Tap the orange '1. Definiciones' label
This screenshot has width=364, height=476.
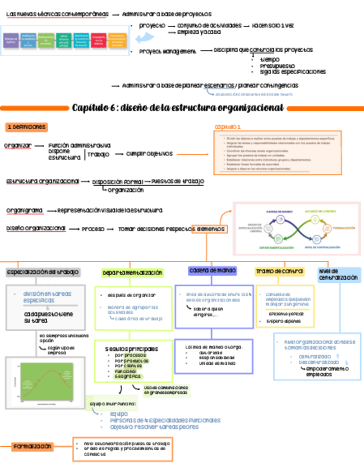tap(26, 127)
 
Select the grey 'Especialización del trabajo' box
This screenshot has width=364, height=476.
tap(43, 272)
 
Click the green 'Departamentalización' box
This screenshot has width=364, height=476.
tap(132, 273)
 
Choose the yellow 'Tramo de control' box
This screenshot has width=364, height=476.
tap(279, 272)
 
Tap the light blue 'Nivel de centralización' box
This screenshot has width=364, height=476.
tap(339, 274)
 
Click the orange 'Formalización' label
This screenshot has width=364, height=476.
tap(33, 447)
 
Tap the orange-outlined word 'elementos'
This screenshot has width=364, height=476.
tap(209, 229)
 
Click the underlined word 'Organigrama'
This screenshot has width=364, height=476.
tap(25, 210)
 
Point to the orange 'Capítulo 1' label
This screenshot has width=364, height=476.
tap(227, 127)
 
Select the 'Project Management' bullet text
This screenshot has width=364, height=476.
tap(168, 52)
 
